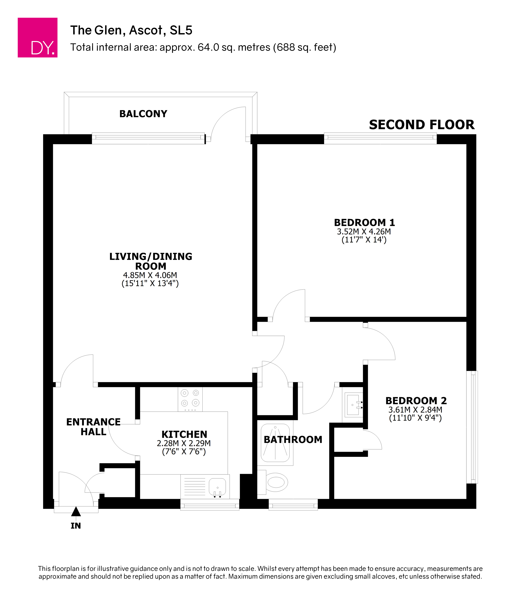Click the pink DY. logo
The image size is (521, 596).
[x=37, y=37]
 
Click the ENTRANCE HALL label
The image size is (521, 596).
[x=93, y=427]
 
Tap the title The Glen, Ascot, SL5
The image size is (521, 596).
[x=131, y=30]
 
